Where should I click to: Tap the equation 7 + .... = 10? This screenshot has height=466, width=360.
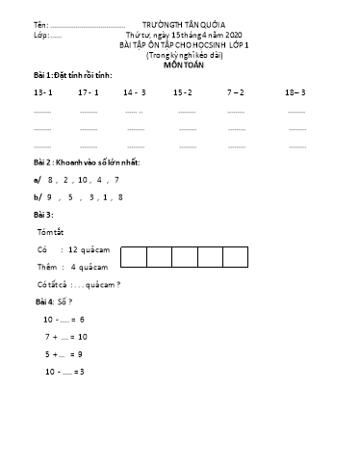[66, 336]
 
